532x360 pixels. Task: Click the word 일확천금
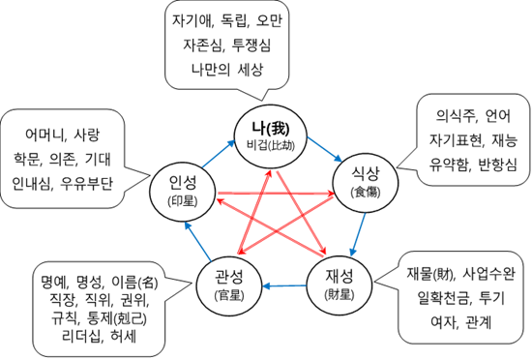pyautogui.click(x=428, y=295)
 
